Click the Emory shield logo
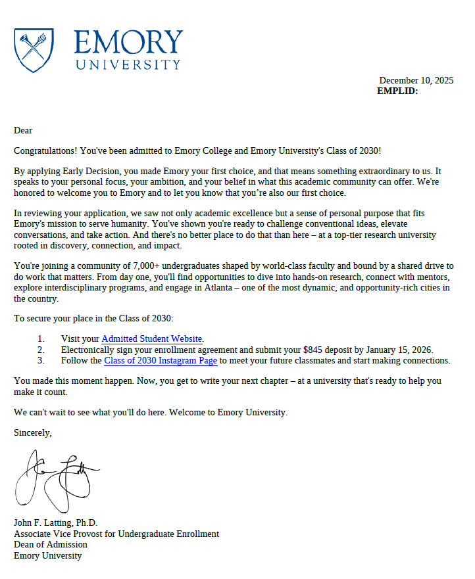point(34,50)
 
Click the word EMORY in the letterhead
point(128,43)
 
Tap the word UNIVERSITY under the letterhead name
point(128,64)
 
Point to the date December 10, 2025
point(416,81)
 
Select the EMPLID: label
point(397,91)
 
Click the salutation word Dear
point(23,130)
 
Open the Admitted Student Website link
point(152,338)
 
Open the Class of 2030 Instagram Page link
point(161,360)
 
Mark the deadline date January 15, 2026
point(399,350)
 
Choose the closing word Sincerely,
point(33,432)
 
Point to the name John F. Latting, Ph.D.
point(55,522)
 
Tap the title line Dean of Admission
point(51,544)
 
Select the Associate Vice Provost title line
point(116,534)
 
